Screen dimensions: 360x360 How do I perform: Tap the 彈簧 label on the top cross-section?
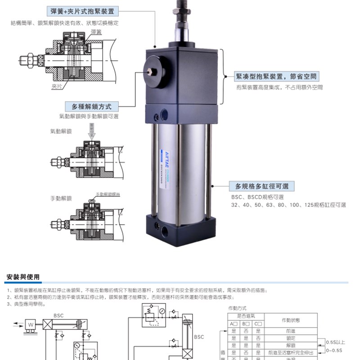coord(96,31)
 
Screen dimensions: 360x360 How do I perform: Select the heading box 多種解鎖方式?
coord(89,107)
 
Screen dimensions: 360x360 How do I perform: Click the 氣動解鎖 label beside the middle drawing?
coord(60,132)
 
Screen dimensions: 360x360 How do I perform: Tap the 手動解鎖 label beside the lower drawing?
coord(60,198)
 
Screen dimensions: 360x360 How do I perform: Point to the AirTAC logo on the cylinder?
coord(164,154)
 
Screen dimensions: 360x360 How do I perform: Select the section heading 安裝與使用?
coord(23,277)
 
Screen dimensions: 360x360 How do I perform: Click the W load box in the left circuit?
coord(31,324)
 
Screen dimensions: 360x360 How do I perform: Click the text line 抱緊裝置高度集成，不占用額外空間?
coord(279,88)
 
